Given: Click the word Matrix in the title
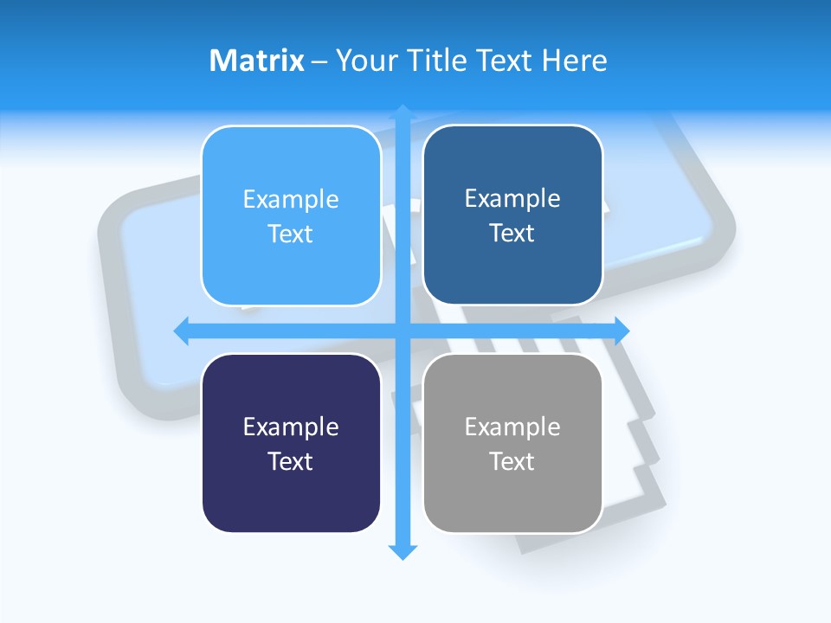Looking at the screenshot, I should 257,61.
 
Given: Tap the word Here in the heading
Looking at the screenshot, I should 574,61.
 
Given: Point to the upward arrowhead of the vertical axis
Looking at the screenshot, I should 403,112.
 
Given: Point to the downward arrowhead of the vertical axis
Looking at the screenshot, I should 403,551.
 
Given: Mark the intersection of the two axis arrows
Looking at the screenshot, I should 403,331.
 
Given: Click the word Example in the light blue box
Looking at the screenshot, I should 291,200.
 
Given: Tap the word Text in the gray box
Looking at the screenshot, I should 512,461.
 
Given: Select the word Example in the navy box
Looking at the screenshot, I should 291,427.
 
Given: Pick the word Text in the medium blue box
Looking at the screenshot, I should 512,234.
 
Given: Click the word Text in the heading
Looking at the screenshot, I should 504,61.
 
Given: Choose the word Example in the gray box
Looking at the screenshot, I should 512,427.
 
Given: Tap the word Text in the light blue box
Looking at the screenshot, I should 291,234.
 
